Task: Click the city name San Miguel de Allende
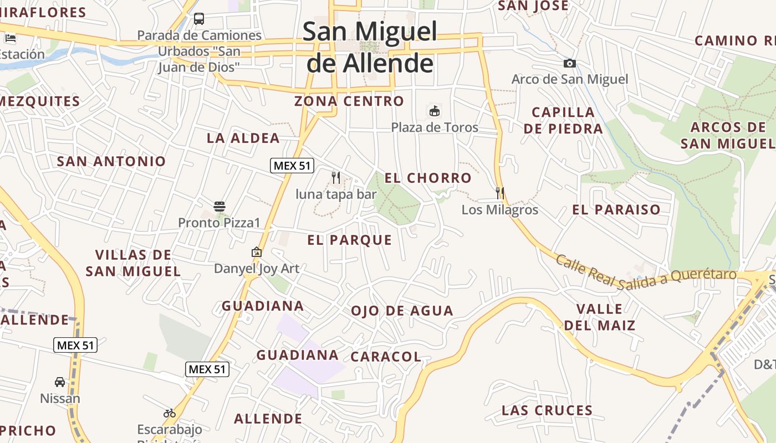tap(370, 48)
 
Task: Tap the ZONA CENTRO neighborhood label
tap(349, 101)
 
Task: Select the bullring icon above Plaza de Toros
tap(435, 111)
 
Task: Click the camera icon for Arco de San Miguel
tap(569, 64)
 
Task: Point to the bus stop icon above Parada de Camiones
tap(199, 19)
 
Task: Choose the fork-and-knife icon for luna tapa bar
tap(335, 177)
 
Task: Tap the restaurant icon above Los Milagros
tap(500, 193)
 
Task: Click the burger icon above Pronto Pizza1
tap(219, 207)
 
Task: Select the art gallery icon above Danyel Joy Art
tap(257, 252)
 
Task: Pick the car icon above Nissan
tap(60, 382)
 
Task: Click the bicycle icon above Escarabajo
tap(170, 413)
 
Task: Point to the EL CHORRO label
tap(428, 178)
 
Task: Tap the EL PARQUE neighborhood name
tap(350, 240)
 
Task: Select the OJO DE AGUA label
tap(402, 311)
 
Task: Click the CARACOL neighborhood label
tap(386, 357)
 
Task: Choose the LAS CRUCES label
tap(547, 411)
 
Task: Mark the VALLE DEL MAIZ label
tap(600, 317)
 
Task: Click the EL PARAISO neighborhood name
tap(616, 210)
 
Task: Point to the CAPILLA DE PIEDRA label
tap(563, 120)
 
